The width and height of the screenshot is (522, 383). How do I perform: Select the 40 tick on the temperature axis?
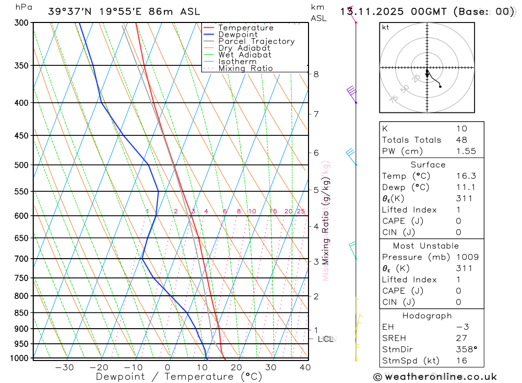click(x=305, y=367)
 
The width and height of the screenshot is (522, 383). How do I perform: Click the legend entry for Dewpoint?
click(x=238, y=34)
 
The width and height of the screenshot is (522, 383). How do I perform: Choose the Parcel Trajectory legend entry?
click(x=256, y=41)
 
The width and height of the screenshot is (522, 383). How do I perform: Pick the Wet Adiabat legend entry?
click(x=244, y=55)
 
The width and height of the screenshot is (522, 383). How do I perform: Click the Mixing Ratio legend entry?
click(x=245, y=68)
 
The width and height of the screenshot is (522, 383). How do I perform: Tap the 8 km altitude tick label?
click(x=316, y=74)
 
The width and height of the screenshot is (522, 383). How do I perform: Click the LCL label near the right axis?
click(x=326, y=339)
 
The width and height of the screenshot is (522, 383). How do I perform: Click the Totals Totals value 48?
click(x=461, y=140)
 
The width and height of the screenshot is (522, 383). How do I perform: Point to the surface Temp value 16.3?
click(x=466, y=176)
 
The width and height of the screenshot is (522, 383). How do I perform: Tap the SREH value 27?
click(x=461, y=339)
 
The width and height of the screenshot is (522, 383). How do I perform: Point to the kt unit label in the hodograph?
click(x=386, y=28)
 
